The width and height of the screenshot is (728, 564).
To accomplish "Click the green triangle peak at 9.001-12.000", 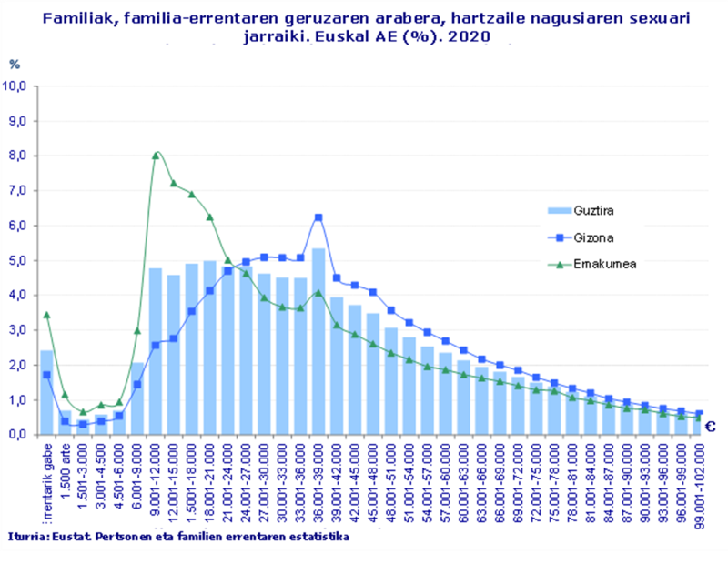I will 156,156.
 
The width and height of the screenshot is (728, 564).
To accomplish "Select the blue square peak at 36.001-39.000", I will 318,217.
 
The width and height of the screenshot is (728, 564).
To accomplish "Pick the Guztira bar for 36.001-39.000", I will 318,346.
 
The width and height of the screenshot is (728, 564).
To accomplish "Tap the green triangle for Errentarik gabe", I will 46,315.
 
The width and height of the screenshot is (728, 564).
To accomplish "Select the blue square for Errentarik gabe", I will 46,375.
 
